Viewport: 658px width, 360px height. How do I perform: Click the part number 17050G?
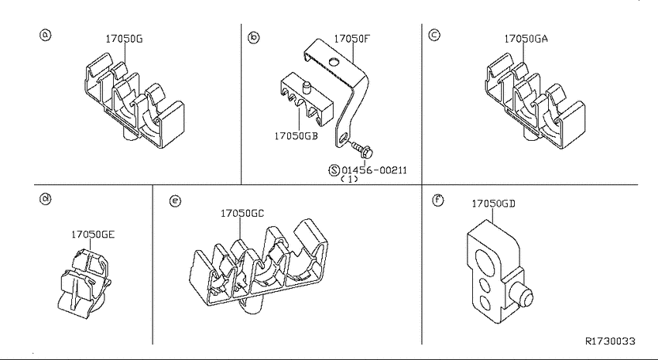click(x=124, y=39)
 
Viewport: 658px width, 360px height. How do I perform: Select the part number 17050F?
click(x=352, y=39)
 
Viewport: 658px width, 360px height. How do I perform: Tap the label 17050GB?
click(x=296, y=136)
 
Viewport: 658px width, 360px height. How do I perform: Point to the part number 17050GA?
click(x=526, y=39)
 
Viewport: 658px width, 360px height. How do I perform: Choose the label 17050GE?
click(x=92, y=235)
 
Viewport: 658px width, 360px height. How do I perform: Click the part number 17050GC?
click(x=242, y=214)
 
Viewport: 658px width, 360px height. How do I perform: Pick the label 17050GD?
click(x=494, y=204)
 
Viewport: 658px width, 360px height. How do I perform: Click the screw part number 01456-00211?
click(x=375, y=170)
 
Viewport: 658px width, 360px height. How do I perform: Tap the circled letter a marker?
click(x=46, y=34)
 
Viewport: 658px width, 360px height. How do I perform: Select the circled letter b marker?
click(x=254, y=38)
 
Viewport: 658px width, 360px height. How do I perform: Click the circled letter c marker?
click(x=434, y=34)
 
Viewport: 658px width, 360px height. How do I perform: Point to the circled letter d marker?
click(x=46, y=198)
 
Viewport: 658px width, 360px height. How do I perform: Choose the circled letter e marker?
click(x=176, y=201)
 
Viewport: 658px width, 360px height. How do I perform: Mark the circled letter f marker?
click(x=438, y=201)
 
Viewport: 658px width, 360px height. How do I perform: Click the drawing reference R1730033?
click(x=610, y=341)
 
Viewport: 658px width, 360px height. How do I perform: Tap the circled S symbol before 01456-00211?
click(x=334, y=170)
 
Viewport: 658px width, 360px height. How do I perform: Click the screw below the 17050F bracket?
click(x=361, y=148)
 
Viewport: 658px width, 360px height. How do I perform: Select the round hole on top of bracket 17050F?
click(x=334, y=63)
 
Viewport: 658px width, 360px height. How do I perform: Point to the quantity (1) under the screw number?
click(x=349, y=179)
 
